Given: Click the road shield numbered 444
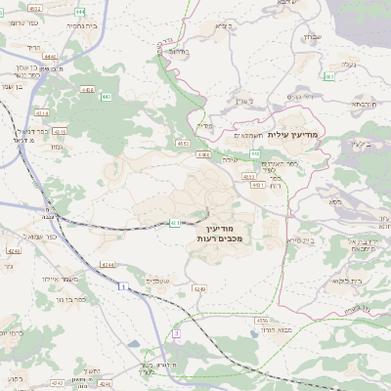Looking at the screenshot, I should [79, 12].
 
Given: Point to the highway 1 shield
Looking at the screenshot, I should [123, 286].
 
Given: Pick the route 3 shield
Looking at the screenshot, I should [176, 333].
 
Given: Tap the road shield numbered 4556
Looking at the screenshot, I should [261, 320].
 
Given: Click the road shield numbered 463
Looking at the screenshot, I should [329, 76].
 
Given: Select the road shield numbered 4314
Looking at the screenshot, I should [42, 113].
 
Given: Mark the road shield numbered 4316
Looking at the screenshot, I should [60, 131].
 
